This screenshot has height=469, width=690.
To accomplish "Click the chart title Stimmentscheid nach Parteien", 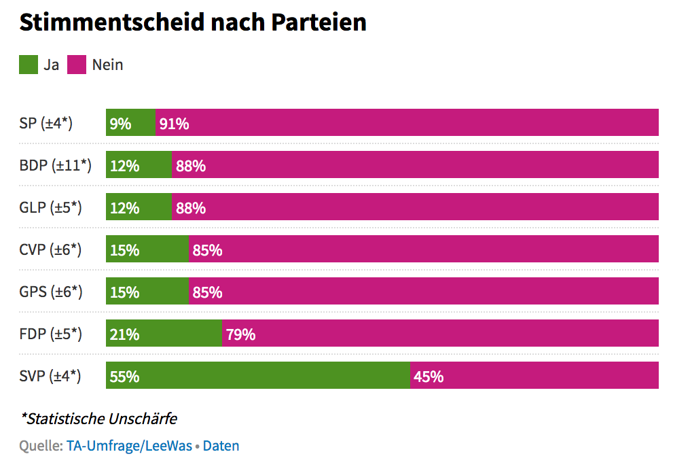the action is pyautogui.click(x=193, y=22).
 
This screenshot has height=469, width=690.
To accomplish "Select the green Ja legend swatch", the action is pyautogui.click(x=29, y=65).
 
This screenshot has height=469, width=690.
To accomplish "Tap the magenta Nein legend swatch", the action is pyautogui.click(x=77, y=65).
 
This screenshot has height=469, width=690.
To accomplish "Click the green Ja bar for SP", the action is pyautogui.click(x=130, y=122).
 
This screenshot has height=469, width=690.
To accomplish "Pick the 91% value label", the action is pyautogui.click(x=175, y=124).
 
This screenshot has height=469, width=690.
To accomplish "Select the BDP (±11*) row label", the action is pyautogui.click(x=56, y=166).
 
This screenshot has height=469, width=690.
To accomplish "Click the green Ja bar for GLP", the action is pyautogui.click(x=139, y=207).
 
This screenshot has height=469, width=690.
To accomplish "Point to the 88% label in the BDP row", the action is pyautogui.click(x=191, y=166).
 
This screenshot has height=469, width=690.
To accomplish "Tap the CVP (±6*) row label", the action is pyautogui.click(x=51, y=249).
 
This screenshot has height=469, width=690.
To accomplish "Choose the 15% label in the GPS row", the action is pyautogui.click(x=124, y=292).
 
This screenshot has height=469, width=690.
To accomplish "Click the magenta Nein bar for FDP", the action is pyautogui.click(x=441, y=333).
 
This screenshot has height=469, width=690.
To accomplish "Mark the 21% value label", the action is pyautogui.click(x=124, y=334).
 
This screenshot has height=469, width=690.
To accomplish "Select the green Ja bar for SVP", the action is pyautogui.click(x=258, y=375).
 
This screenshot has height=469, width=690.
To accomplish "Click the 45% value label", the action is pyautogui.click(x=429, y=377).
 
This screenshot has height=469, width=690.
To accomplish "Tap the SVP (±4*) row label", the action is pyautogui.click(x=50, y=376).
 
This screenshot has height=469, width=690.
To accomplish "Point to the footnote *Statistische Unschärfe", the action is pyautogui.click(x=99, y=418).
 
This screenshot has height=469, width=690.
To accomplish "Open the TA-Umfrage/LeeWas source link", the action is pyautogui.click(x=129, y=446).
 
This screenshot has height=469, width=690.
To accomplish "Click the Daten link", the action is pyautogui.click(x=221, y=446).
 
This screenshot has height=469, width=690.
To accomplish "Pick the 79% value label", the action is pyautogui.click(x=240, y=334).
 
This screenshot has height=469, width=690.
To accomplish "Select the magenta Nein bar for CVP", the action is pyautogui.click(x=424, y=249).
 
